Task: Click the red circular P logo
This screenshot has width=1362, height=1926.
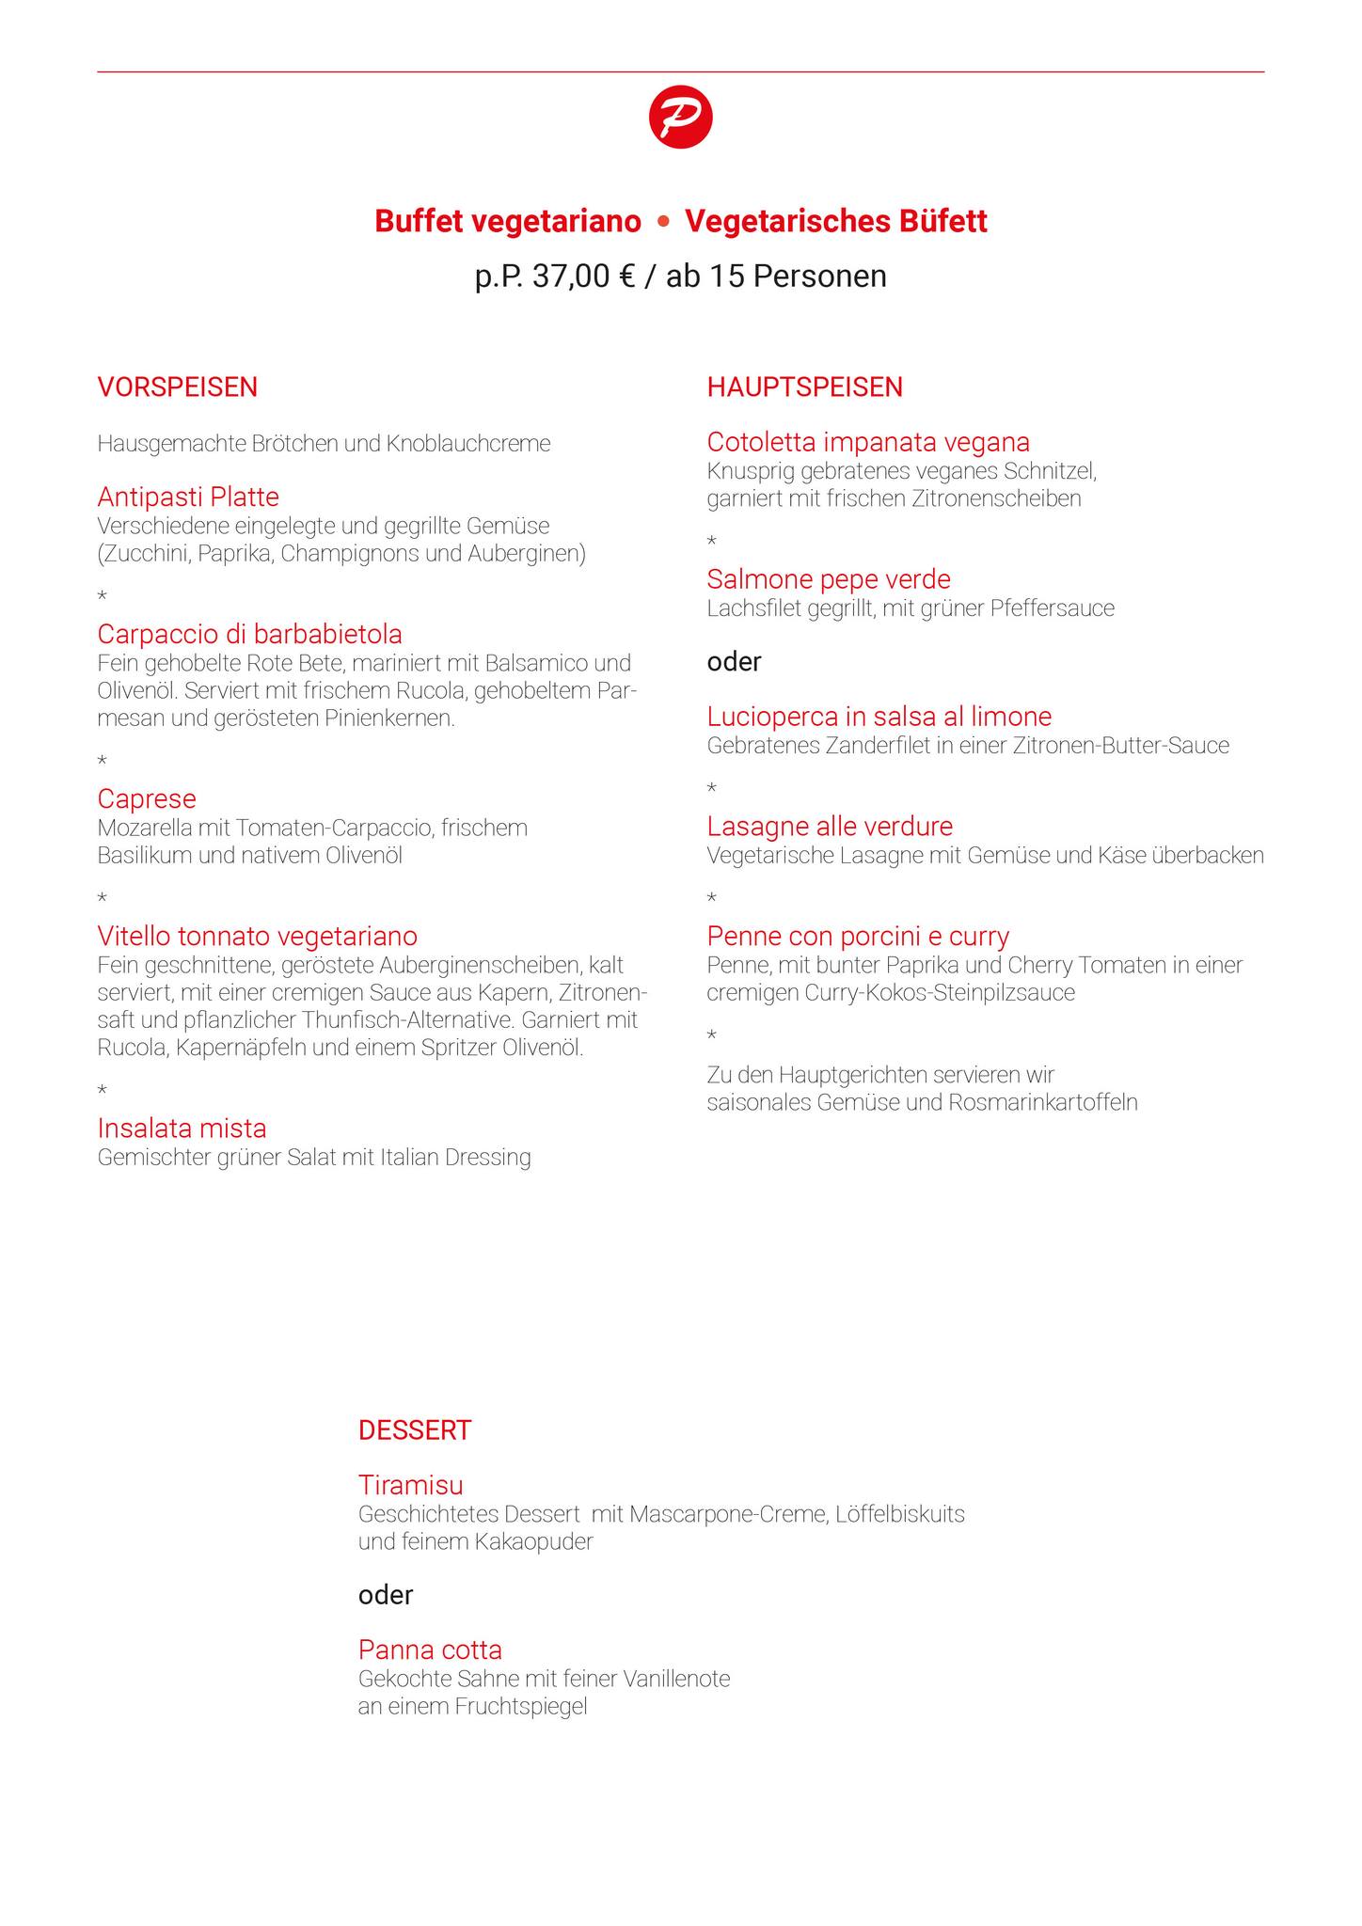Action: pos(680,117)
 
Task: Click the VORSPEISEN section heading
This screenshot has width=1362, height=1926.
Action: pos(178,387)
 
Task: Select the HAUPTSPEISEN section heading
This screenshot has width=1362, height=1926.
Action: pos(804,387)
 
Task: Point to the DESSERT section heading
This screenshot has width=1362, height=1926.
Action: pos(414,1430)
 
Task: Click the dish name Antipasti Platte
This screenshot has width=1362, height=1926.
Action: pos(188,497)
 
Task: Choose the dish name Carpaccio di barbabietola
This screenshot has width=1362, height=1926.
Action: pos(249,634)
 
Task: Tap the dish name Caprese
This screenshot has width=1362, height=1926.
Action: pos(147,799)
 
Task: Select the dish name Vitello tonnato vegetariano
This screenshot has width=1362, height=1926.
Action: pos(257,937)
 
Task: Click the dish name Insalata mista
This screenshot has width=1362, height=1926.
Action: pos(182,1129)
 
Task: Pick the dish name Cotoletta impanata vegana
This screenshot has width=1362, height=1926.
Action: pos(868,442)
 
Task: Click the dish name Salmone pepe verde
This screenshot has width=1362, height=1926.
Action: pos(829,579)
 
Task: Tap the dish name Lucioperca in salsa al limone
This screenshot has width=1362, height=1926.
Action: pos(879,717)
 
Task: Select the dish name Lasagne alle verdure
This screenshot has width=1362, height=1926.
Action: pos(830,827)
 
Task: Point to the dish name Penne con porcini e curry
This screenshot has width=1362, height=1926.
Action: pos(858,937)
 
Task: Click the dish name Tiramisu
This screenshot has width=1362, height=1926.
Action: pos(410,1486)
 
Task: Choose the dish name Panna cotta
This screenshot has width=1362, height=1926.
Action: pos(430,1650)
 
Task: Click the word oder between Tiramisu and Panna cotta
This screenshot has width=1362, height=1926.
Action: pos(385,1595)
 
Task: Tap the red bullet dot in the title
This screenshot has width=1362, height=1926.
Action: pos(663,222)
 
